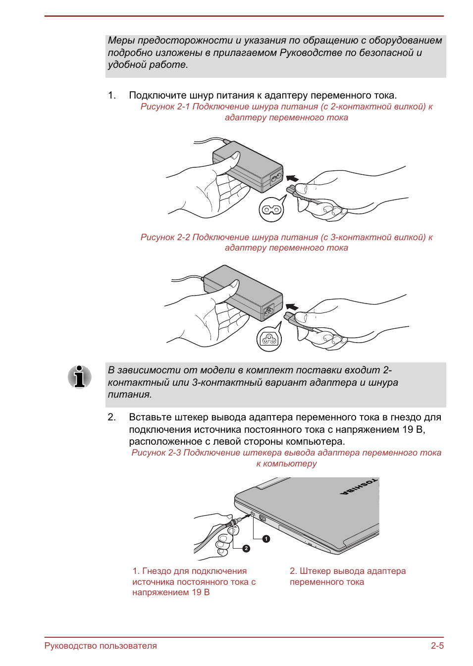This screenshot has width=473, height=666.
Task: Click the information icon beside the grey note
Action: pos(79,377)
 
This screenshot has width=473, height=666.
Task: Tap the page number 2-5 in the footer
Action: pos(437,646)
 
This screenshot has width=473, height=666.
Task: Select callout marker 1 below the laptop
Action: pos(266,539)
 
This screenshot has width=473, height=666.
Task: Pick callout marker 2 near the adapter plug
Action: pos(246,548)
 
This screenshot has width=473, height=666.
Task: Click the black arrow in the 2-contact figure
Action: pos(292,178)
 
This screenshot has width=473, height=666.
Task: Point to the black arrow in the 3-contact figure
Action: pos(292,307)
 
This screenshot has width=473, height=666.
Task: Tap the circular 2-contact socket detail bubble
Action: pos(271,210)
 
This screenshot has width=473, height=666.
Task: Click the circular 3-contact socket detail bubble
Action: pos(269,340)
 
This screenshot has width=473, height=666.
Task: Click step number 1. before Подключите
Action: pos(112,95)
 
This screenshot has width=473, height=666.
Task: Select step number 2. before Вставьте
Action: pos(112,417)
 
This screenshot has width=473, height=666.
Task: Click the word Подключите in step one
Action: pos(157,95)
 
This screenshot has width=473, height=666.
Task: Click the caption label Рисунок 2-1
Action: pos(165,106)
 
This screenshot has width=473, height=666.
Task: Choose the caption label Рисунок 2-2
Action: pos(165,237)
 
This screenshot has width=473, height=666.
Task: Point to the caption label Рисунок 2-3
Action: pos(156,453)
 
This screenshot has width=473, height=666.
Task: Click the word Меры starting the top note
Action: pos(121,41)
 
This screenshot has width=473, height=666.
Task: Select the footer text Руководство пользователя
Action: pos(101,646)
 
